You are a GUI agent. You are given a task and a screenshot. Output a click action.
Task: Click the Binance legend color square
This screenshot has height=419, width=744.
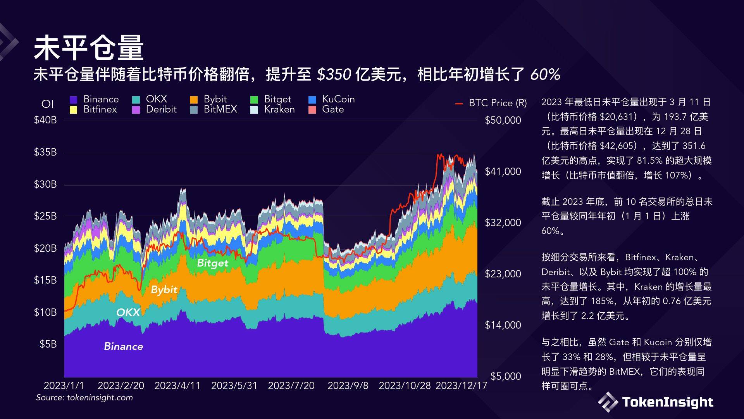point(74,100)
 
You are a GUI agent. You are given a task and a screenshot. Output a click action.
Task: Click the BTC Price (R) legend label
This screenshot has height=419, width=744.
point(498,103)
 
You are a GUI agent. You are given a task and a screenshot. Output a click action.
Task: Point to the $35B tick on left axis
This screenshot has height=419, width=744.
point(45,152)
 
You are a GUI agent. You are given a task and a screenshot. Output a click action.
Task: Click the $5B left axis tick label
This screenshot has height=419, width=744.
point(48,344)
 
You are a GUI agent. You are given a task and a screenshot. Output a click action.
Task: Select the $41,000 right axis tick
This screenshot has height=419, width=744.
point(503,171)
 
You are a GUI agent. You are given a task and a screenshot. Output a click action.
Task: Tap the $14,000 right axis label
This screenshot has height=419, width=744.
point(503,325)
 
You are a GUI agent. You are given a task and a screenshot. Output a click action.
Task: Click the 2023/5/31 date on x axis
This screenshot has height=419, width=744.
point(234,386)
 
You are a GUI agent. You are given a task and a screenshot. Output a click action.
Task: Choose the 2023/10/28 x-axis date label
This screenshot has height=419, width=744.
point(405,386)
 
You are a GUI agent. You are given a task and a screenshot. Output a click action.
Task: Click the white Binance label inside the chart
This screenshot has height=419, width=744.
point(124,346)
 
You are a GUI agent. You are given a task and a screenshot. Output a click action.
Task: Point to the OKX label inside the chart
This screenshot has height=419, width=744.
point(128,312)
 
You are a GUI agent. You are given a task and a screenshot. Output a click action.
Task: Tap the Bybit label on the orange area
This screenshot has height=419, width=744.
point(164,290)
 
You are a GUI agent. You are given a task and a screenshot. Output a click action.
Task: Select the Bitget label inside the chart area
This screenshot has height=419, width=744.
point(212,263)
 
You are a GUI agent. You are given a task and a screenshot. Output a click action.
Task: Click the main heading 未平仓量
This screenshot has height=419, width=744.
point(89,48)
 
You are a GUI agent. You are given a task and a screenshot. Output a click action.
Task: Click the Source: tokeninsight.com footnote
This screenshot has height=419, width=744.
point(84,398)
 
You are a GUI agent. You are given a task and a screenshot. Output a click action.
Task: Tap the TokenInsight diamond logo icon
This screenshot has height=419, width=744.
point(608,402)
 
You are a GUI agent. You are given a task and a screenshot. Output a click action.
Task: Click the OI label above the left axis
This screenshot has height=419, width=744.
point(47,104)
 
